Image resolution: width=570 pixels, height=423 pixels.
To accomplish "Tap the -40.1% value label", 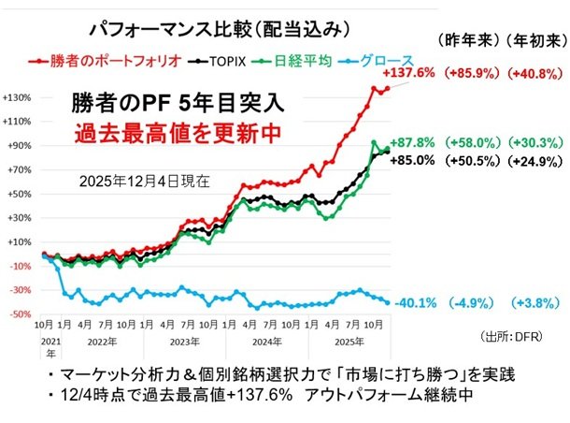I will click(414, 302).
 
